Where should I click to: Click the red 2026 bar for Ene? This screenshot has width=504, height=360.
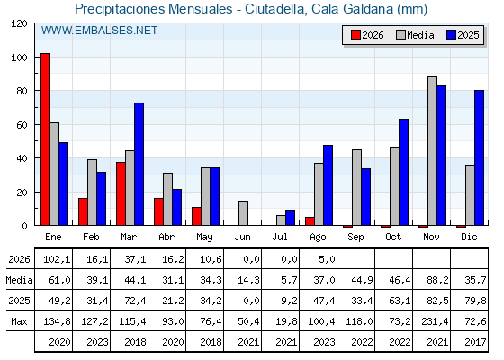coord(45,139)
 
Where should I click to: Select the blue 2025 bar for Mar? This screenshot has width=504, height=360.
coord(139,164)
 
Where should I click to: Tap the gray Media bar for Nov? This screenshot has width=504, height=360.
coord(432,151)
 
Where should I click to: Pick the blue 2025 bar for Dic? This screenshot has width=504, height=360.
coord(479,157)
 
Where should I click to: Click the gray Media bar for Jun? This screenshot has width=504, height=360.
coord(243,213)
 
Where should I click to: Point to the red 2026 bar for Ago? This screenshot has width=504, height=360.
coord(310,221)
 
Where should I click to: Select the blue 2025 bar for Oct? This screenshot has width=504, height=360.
coord(403,172)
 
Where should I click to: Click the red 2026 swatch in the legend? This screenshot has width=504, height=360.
coord(355,35)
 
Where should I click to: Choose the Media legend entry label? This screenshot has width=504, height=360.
coord(420,35)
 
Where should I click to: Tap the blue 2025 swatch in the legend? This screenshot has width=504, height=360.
coord(451,35)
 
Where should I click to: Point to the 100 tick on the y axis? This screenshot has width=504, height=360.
coord(37,58)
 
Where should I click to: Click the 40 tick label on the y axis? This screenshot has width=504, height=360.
coord(22,158)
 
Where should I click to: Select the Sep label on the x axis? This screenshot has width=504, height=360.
coord(355,238)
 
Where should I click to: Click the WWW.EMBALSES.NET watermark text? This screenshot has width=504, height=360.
coord(99,31)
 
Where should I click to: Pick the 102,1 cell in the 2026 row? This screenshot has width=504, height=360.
coord(57,259)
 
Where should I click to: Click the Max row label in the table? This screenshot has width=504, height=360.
coord(19,321)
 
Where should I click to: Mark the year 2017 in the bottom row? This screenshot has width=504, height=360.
coord(475,342)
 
